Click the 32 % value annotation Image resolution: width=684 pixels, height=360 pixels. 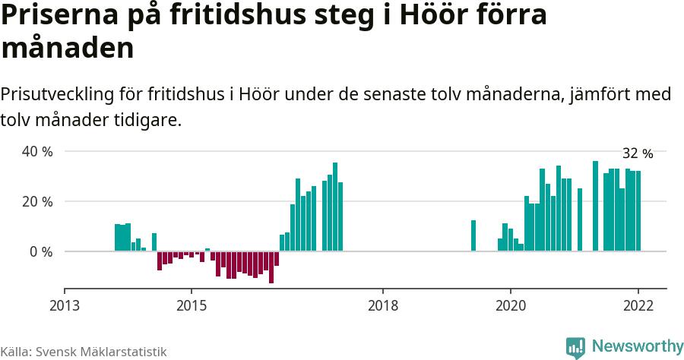pos(638,153)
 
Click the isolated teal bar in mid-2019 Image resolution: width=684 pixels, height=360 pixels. pos(473,235)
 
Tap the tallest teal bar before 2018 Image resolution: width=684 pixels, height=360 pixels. pos(335,207)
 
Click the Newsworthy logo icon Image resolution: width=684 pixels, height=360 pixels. pos(575,348)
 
